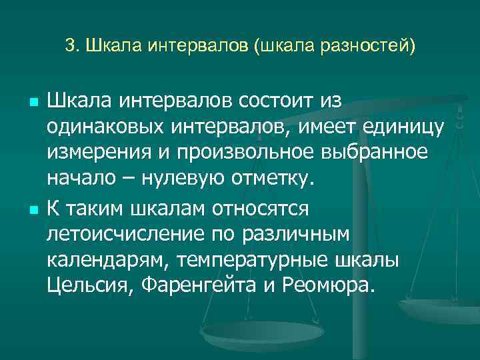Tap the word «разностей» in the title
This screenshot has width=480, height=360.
point(367,47)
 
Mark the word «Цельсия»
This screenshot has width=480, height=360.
point(87,287)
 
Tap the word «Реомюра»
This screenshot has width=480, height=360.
point(331,287)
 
